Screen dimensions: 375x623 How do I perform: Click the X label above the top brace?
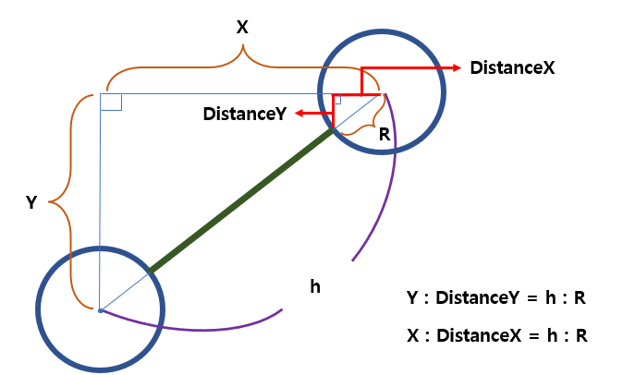point(242,28)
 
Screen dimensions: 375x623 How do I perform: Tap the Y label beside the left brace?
point(31,202)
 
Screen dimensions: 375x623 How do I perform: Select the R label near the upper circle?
point(385,133)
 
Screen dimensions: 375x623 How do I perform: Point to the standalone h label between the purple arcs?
point(315,286)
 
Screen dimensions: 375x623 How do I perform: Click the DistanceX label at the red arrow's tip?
point(511,67)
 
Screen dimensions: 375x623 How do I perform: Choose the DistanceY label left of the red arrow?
point(244,113)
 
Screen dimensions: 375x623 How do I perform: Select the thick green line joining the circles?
point(240,201)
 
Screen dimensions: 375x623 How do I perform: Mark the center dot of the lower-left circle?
point(100,309)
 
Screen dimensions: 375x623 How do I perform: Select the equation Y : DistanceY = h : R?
point(496,298)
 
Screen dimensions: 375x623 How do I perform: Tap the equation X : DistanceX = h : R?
point(496,335)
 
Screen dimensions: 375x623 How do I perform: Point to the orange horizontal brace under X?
point(242,67)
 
